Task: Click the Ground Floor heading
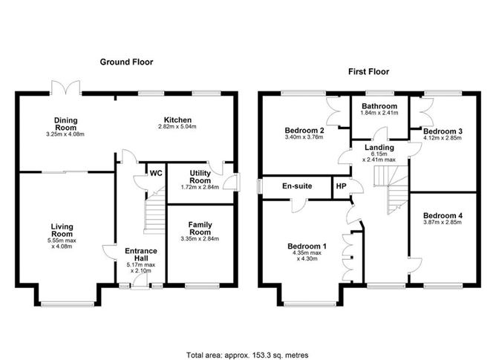pos(126,62)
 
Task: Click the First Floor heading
pos(369,72)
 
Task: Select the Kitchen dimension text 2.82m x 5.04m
pos(178,128)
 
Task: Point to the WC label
pos(156,174)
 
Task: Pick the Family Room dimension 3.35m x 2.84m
pos(200,238)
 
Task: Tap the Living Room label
pos(61,229)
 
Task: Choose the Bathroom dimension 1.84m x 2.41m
pos(379,114)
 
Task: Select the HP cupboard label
pos(342,186)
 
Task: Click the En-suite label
pos(296,186)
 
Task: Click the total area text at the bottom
pos(248,334)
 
